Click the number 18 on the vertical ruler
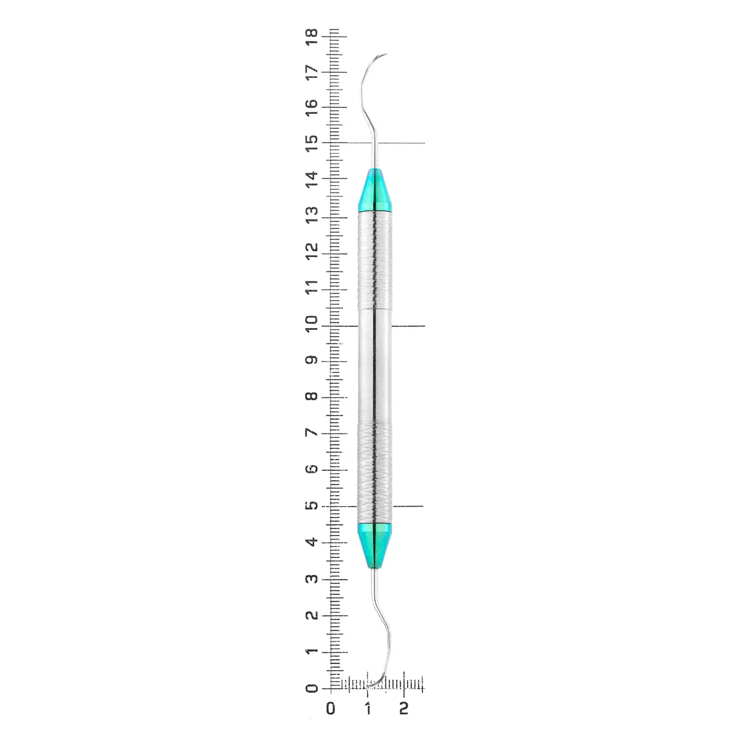(x=312, y=37)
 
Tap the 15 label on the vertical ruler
(x=312, y=143)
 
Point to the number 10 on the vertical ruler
(x=312, y=324)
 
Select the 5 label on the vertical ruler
(x=312, y=505)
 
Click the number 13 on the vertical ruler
(x=312, y=215)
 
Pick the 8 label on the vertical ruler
(x=312, y=396)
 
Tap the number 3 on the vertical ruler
(x=312, y=579)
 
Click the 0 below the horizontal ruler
(x=330, y=708)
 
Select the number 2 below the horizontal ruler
(x=404, y=708)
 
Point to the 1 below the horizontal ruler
(x=367, y=708)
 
